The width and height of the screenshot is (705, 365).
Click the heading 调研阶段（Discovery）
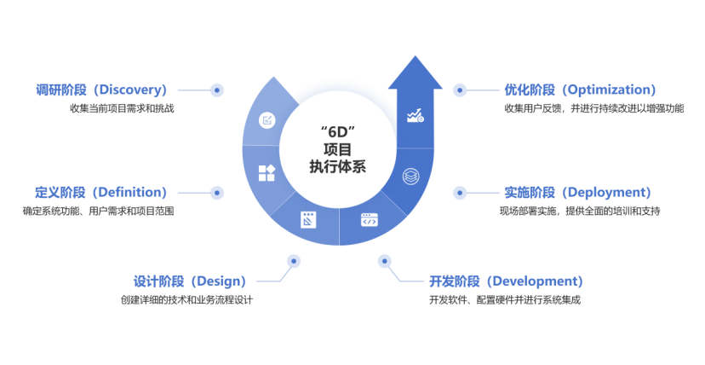tap(101, 90)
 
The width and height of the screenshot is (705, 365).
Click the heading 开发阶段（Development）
tap(506, 281)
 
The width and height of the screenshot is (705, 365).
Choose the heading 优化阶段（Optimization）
tap(580, 90)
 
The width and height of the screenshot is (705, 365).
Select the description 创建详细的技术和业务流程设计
tap(186, 299)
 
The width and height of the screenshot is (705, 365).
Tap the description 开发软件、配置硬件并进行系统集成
tap(505, 300)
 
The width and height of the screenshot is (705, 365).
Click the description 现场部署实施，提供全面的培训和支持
tap(580, 211)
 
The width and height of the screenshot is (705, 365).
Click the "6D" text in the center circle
tap(336, 132)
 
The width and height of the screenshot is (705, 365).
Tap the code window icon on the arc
tap(369, 219)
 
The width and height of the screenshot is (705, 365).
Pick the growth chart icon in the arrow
tap(416, 115)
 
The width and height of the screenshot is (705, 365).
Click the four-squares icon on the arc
tap(267, 173)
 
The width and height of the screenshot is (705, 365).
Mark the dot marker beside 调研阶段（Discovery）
tap(217, 90)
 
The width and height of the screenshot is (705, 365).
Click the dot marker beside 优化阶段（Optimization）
tap(460, 90)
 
